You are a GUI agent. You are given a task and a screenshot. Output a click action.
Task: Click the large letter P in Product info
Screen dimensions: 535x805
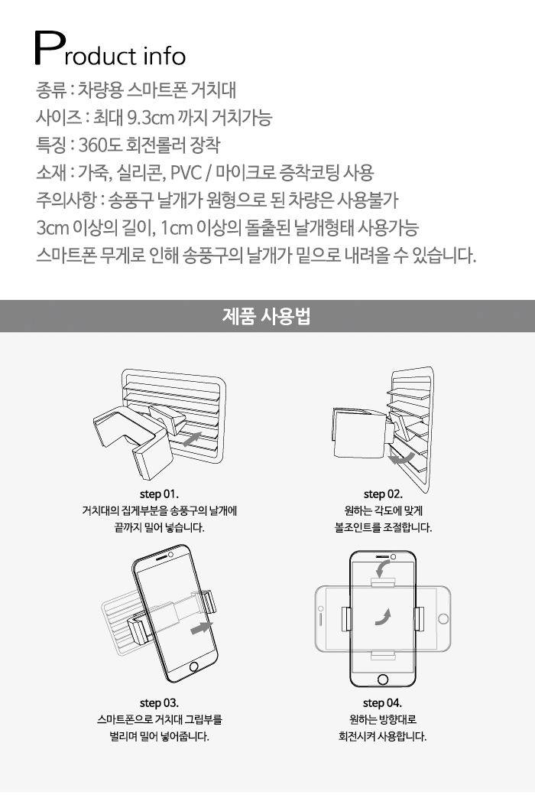pos(50,48)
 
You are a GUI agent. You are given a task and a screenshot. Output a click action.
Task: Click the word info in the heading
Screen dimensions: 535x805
pos(164,56)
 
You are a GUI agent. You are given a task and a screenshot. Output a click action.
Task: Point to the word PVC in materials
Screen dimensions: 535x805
pos(186,172)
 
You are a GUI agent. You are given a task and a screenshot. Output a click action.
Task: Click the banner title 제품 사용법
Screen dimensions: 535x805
pos(267,316)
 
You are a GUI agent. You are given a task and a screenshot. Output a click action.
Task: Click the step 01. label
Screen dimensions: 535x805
pos(159,494)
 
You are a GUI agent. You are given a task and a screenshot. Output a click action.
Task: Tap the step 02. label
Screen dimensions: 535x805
pos(383,494)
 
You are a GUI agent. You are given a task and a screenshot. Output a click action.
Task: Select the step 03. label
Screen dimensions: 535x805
pos(159,702)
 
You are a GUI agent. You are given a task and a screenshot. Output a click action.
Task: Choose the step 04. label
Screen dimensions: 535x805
pos(382,702)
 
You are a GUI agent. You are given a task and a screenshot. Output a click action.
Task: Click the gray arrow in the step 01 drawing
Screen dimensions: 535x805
pos(191,439)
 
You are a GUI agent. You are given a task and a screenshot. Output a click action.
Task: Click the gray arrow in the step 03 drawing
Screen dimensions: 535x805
pos(202,627)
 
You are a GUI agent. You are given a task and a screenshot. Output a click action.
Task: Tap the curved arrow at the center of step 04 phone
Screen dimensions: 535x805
pos(383,617)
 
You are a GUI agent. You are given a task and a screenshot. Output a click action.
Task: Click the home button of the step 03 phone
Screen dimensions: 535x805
pos(193,667)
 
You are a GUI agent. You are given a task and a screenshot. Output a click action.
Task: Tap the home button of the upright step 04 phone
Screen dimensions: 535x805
pos(383,680)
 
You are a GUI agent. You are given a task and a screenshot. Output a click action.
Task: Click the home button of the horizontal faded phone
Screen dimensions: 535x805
pos(443,618)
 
